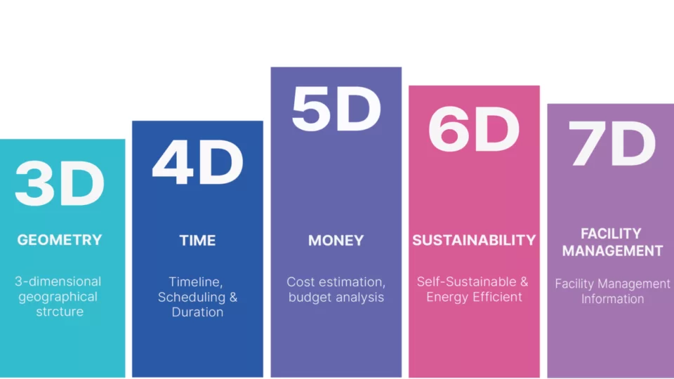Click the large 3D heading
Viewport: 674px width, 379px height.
(60, 183)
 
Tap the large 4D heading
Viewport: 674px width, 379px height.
(198, 162)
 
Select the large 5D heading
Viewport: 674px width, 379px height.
(336, 108)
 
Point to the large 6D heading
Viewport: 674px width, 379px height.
(474, 128)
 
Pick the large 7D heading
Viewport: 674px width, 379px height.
(612, 143)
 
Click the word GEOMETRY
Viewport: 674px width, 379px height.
(60, 240)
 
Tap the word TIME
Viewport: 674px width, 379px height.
(198, 240)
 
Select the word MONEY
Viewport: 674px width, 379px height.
(336, 240)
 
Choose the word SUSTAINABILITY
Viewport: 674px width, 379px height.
(474, 240)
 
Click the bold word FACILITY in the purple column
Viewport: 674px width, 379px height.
(612, 233)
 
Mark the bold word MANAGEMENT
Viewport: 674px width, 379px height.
(612, 251)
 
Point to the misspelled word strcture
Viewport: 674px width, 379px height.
(60, 312)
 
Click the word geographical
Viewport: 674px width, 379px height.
(58, 297)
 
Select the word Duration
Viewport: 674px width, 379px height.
(198, 312)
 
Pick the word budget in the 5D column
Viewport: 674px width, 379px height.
(309, 297)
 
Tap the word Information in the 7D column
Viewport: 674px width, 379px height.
(612, 299)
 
